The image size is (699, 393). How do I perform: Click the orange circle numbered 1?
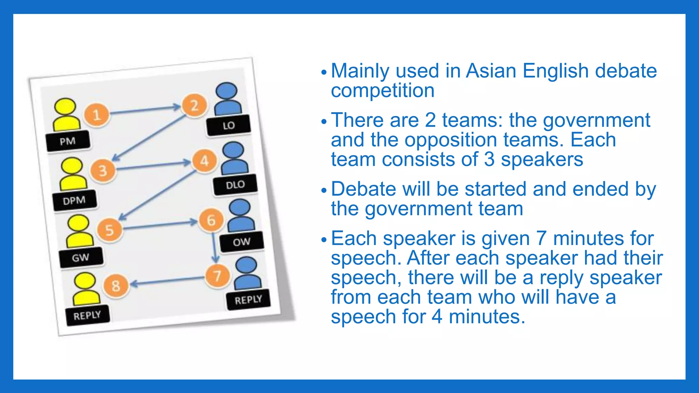[x=97, y=115]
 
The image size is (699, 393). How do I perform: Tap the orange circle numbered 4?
[x=204, y=161]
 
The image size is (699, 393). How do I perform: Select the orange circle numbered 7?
[x=217, y=276]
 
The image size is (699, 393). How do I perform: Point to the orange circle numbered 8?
[x=116, y=286]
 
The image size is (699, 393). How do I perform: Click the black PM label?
[x=68, y=141]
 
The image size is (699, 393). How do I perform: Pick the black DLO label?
[x=235, y=185]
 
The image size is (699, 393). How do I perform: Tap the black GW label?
[x=81, y=258]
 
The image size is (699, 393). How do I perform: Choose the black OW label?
[x=242, y=242]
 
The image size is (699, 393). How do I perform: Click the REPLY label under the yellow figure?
[x=87, y=315]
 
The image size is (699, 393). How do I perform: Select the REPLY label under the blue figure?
[x=248, y=300]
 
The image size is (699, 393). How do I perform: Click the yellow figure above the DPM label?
[x=72, y=174]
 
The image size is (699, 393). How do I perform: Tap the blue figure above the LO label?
[x=227, y=99]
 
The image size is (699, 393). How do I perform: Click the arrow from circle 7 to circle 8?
[x=167, y=281]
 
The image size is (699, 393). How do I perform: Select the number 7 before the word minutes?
[x=541, y=238]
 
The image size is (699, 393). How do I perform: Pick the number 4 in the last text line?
[x=437, y=317]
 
